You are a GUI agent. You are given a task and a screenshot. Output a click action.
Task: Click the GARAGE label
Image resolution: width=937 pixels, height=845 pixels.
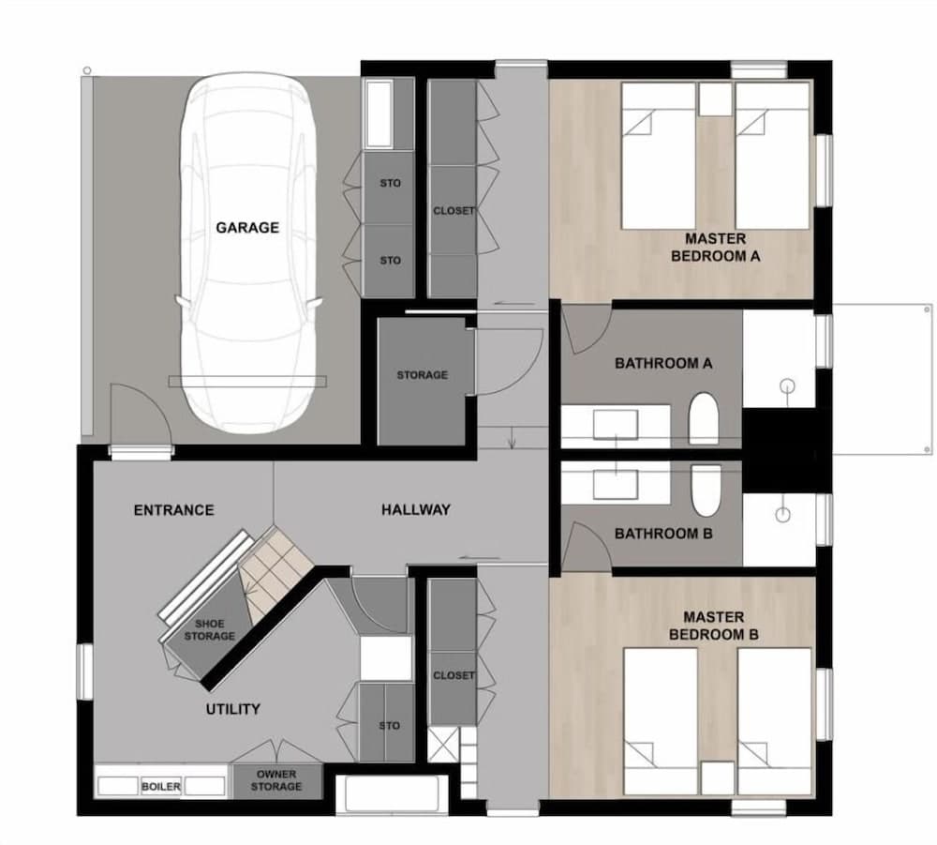tap(247, 227)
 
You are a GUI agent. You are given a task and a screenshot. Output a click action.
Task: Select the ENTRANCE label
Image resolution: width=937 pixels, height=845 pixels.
tap(173, 510)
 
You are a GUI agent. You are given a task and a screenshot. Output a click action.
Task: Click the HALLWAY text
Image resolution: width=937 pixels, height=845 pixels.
tap(415, 510)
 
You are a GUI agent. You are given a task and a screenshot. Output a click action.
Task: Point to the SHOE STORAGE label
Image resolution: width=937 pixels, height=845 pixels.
tap(209, 630)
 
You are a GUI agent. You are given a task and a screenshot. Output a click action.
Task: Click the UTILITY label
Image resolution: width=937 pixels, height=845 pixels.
tap(232, 709)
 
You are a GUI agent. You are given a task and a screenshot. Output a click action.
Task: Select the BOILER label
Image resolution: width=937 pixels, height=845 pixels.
tap(161, 786)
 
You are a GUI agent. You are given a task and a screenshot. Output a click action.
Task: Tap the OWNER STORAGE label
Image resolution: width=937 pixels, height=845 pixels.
tap(275, 780)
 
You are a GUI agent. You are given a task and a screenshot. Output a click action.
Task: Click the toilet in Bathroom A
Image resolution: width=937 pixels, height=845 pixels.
tap(703, 418)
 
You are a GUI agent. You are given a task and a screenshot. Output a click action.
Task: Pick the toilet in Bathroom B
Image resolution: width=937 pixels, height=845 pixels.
tap(704, 489)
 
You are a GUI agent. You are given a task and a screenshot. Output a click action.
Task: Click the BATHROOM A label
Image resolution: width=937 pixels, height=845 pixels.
tap(663, 363)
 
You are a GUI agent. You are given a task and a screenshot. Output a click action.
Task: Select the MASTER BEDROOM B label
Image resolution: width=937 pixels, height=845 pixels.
tap(714, 626)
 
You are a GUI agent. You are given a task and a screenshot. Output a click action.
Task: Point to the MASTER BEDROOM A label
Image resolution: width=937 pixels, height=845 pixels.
tap(715, 247)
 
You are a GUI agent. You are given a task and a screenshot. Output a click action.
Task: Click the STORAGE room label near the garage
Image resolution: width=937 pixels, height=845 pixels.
tap(422, 375)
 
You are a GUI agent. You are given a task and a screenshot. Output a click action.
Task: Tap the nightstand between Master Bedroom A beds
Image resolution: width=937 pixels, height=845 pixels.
tap(715, 99)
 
